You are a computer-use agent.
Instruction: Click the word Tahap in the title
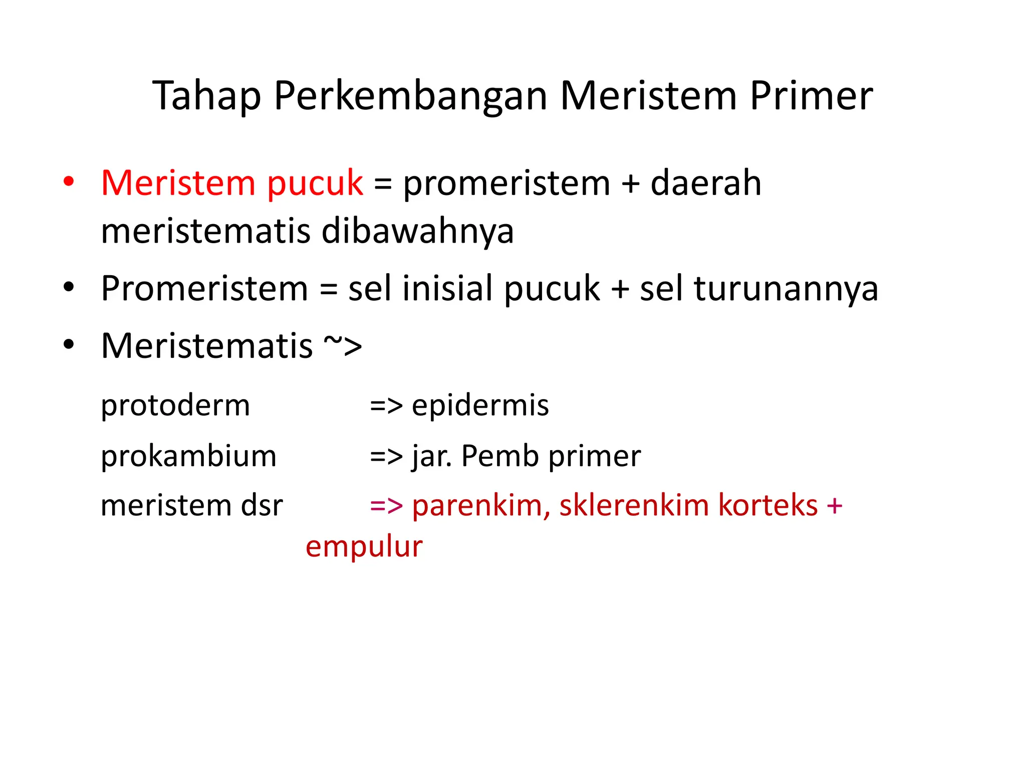[206, 96]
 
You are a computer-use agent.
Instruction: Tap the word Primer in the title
[812, 96]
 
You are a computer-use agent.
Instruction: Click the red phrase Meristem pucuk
[232, 183]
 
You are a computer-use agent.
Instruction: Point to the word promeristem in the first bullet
[506, 183]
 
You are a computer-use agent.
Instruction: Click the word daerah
[705, 183]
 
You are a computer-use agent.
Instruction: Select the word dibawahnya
[417, 231]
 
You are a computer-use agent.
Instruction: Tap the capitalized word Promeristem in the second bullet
[204, 289]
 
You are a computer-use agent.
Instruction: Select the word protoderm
[175, 405]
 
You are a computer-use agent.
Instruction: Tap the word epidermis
[480, 405]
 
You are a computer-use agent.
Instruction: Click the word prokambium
[188, 456]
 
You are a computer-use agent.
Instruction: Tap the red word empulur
[364, 546]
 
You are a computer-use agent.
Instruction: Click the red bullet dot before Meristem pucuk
[69, 181]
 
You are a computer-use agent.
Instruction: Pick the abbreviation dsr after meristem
[262, 505]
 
